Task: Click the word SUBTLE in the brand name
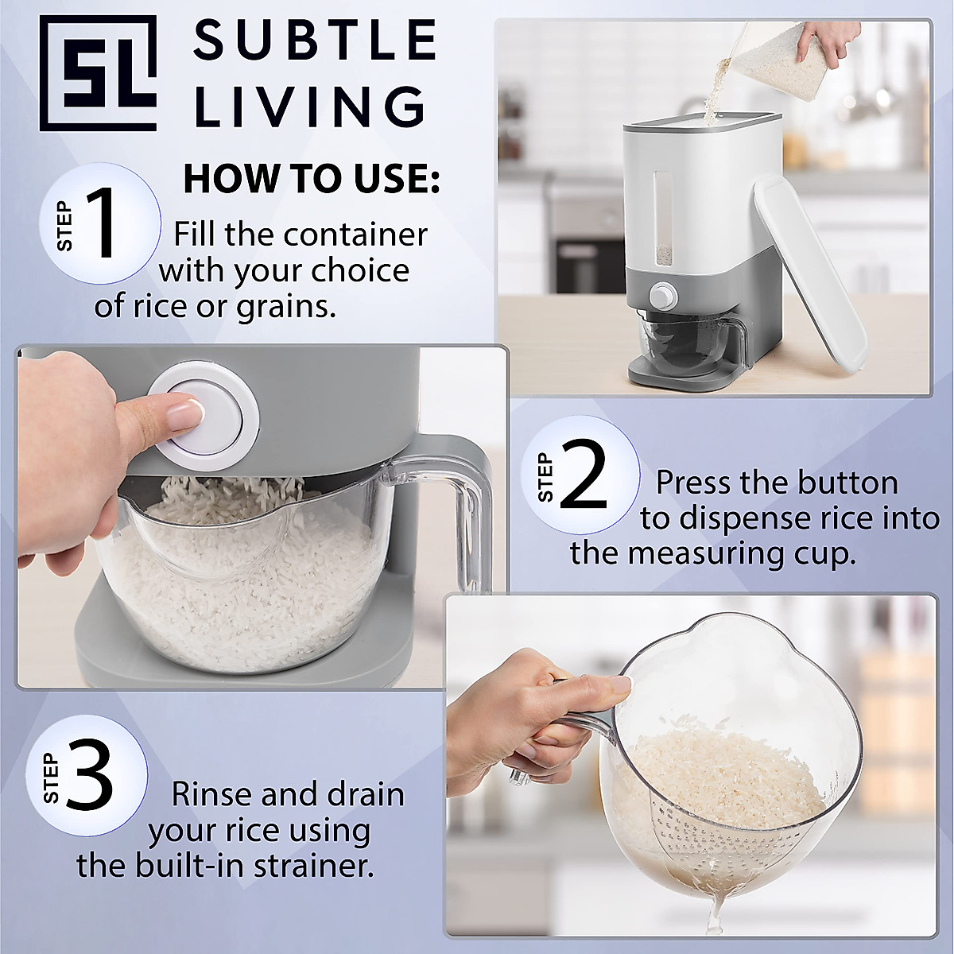tap(315, 41)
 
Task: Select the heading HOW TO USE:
tap(311, 180)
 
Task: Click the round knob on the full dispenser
tap(660, 297)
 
